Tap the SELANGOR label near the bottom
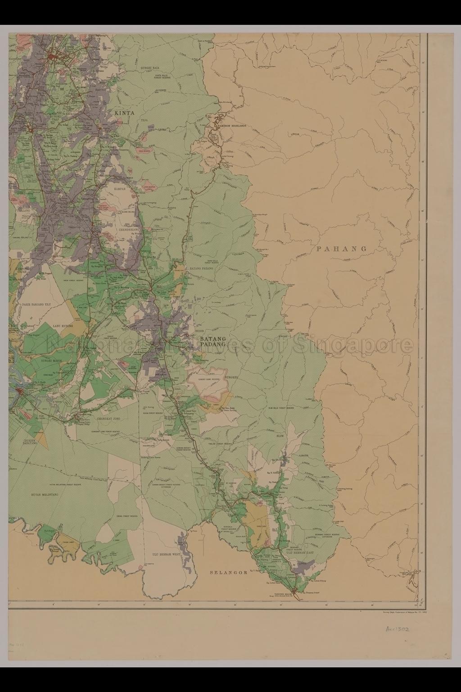point(229,573)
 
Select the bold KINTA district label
point(124,114)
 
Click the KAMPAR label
point(119,189)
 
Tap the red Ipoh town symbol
point(53,57)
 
